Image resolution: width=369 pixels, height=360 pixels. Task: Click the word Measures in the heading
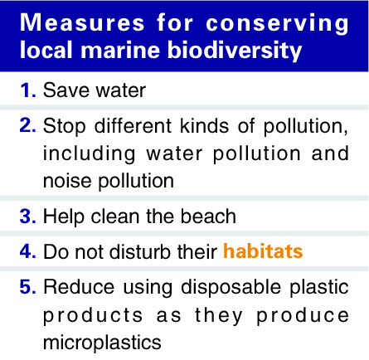[x=82, y=22]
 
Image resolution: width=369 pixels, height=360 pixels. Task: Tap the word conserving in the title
[x=277, y=24]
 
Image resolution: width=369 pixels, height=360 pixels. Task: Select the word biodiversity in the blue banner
[x=235, y=51]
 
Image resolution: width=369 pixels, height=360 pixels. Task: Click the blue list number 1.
[x=28, y=90]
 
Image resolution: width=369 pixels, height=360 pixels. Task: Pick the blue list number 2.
[x=28, y=125]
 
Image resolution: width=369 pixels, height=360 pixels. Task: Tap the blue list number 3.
[x=28, y=216]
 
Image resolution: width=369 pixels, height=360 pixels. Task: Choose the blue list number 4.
[x=28, y=251]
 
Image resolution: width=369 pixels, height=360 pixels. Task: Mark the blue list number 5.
[x=28, y=286]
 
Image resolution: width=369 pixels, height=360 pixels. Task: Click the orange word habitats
[x=263, y=251]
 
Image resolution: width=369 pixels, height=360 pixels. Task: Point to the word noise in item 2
[x=67, y=181]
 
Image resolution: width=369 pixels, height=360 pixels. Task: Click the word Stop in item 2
[x=65, y=127]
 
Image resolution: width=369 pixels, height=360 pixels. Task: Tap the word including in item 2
[x=90, y=153]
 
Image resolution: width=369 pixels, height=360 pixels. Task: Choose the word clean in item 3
[x=115, y=216]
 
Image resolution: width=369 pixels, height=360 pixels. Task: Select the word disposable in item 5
[x=231, y=288]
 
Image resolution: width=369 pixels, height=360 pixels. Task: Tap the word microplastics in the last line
[x=102, y=343]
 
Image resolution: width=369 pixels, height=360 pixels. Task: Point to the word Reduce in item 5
[x=79, y=287]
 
